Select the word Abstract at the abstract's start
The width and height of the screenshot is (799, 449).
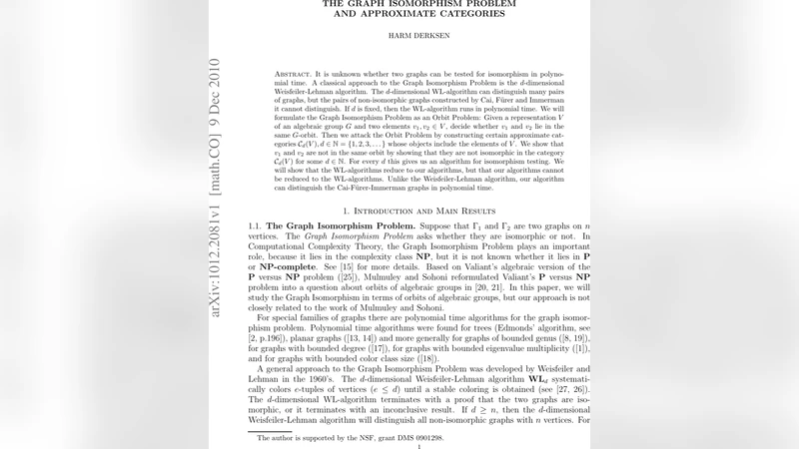coord(296,75)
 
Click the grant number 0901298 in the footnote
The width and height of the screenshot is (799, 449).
coord(453,438)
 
